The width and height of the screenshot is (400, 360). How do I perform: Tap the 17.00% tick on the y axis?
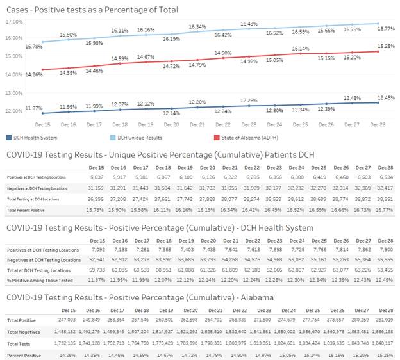tap(13, 21)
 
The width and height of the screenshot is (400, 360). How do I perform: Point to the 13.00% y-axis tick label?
tap(13, 92)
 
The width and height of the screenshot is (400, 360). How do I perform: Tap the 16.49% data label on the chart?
tap(249, 24)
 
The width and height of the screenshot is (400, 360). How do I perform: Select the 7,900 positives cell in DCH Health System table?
tap(383, 250)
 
